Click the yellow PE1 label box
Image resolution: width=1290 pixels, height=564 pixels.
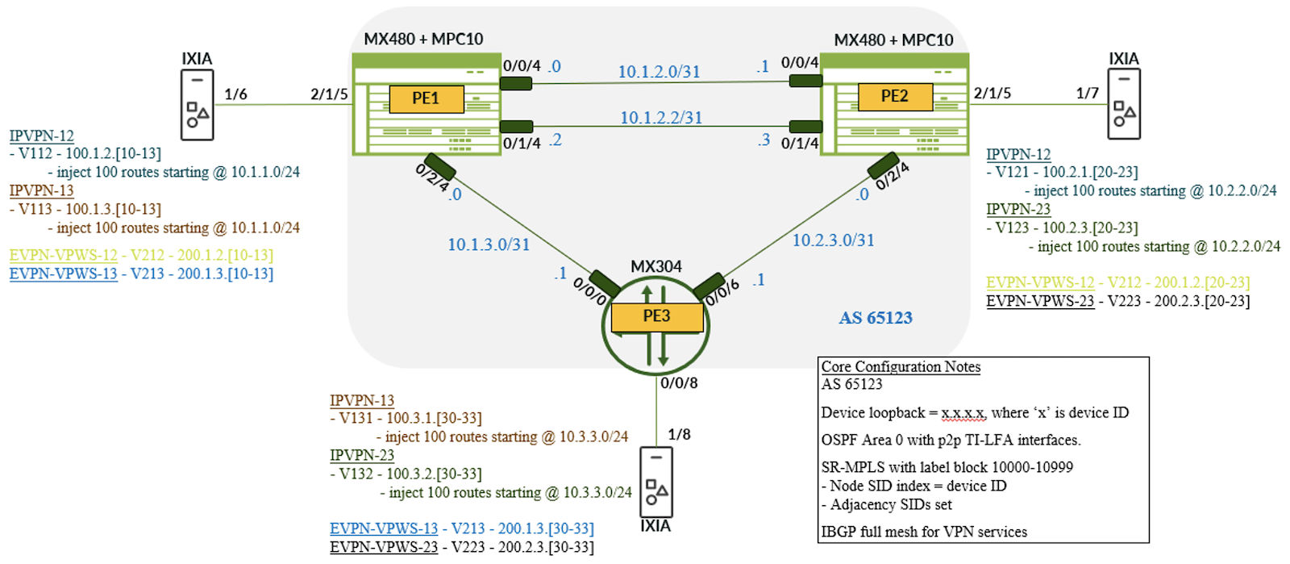tap(426, 98)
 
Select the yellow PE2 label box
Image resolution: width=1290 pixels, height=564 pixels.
tap(894, 97)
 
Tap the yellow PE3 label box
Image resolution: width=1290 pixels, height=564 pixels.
tap(656, 316)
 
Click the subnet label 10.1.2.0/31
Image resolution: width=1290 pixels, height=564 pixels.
tap(659, 72)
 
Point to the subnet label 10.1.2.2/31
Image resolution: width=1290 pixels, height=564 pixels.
tap(660, 118)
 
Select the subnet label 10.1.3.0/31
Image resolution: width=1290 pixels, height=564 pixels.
tap(489, 244)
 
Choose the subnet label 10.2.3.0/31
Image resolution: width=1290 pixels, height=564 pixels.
tap(833, 240)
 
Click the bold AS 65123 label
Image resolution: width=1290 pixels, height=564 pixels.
tap(876, 318)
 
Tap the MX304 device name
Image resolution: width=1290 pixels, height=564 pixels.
tap(655, 266)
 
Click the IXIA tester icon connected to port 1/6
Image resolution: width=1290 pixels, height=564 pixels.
tap(197, 105)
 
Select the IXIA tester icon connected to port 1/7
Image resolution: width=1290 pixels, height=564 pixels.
tap(1123, 104)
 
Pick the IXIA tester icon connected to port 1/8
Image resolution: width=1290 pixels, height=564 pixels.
tap(655, 482)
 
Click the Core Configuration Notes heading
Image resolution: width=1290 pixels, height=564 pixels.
tap(901, 367)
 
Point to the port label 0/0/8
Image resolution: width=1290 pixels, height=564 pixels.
tap(679, 383)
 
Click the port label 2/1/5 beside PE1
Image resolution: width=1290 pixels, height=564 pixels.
tap(329, 94)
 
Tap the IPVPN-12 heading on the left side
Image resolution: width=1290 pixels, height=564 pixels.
tap(41, 136)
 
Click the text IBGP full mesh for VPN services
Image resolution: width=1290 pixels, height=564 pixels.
tap(924, 532)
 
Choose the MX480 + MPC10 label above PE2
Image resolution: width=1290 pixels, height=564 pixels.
tap(893, 40)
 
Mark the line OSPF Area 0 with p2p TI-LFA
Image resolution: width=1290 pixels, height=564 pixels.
tap(951, 440)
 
